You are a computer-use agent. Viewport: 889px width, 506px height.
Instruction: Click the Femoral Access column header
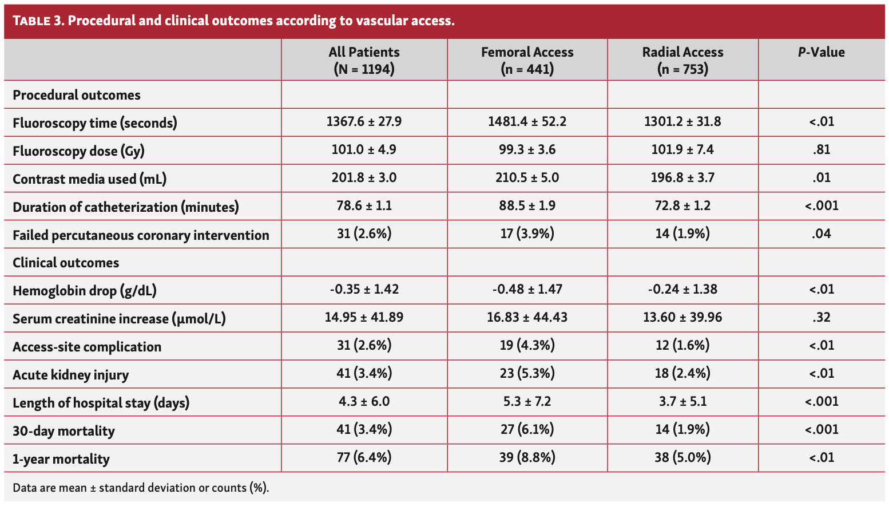(527, 60)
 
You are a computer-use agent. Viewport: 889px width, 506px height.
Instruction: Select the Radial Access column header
(682, 60)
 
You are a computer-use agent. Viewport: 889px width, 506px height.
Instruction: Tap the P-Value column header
(821, 52)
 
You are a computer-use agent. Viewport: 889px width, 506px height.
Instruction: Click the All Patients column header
(364, 60)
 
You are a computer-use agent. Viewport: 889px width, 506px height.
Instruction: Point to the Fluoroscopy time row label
(95, 123)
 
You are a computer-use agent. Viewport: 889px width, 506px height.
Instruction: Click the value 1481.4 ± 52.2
(527, 122)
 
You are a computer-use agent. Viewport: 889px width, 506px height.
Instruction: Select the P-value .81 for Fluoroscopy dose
(821, 150)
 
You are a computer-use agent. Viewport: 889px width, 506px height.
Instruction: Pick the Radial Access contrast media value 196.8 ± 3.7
(682, 178)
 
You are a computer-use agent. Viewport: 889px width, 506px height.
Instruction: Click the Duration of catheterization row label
(126, 207)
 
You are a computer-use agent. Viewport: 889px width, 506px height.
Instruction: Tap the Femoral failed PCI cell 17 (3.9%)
(527, 234)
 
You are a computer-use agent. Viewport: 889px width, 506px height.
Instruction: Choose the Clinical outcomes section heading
(66, 263)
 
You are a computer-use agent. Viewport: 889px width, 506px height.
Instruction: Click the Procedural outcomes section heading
(77, 95)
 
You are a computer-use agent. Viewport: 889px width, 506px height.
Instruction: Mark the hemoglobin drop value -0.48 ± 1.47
(527, 290)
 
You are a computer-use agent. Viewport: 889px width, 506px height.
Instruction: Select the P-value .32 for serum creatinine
(821, 318)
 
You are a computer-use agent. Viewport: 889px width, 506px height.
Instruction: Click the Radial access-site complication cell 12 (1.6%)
(682, 346)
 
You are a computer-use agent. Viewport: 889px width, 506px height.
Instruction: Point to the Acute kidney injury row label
(71, 375)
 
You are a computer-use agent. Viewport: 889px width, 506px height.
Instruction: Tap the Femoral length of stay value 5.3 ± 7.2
(527, 402)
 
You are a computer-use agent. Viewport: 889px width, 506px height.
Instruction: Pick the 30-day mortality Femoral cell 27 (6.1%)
(527, 430)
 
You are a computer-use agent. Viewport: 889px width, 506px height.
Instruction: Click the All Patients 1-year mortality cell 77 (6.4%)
(364, 458)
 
